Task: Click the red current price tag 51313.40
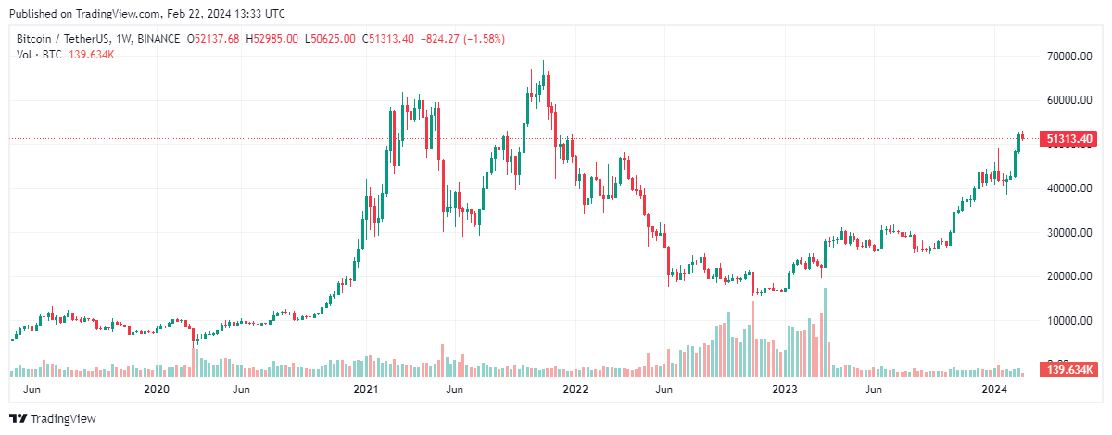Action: [1069, 139]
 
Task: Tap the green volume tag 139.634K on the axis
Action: [1069, 370]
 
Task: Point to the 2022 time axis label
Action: [575, 390]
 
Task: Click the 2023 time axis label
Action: [785, 390]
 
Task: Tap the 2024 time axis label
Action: [994, 390]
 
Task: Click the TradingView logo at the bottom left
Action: [53, 418]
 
